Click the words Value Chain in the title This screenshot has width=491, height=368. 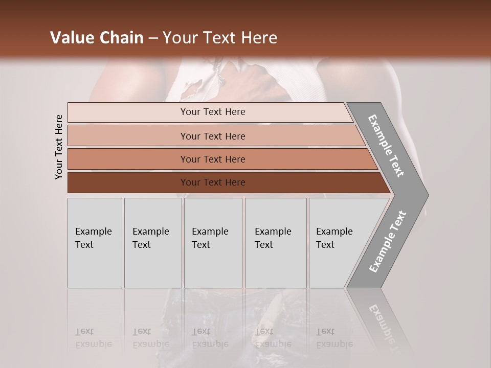(97, 38)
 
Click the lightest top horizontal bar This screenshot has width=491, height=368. (128, 112)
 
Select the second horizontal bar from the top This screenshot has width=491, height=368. (128, 136)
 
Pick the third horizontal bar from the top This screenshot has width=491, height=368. (128, 159)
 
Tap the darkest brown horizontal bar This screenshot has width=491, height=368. (128, 182)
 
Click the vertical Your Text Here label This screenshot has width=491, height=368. (59, 147)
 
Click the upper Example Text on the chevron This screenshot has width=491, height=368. (386, 146)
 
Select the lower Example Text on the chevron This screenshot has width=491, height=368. (388, 241)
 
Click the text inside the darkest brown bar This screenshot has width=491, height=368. (213, 182)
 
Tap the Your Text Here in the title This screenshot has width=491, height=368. (220, 38)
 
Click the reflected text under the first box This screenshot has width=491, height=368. (94, 338)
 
